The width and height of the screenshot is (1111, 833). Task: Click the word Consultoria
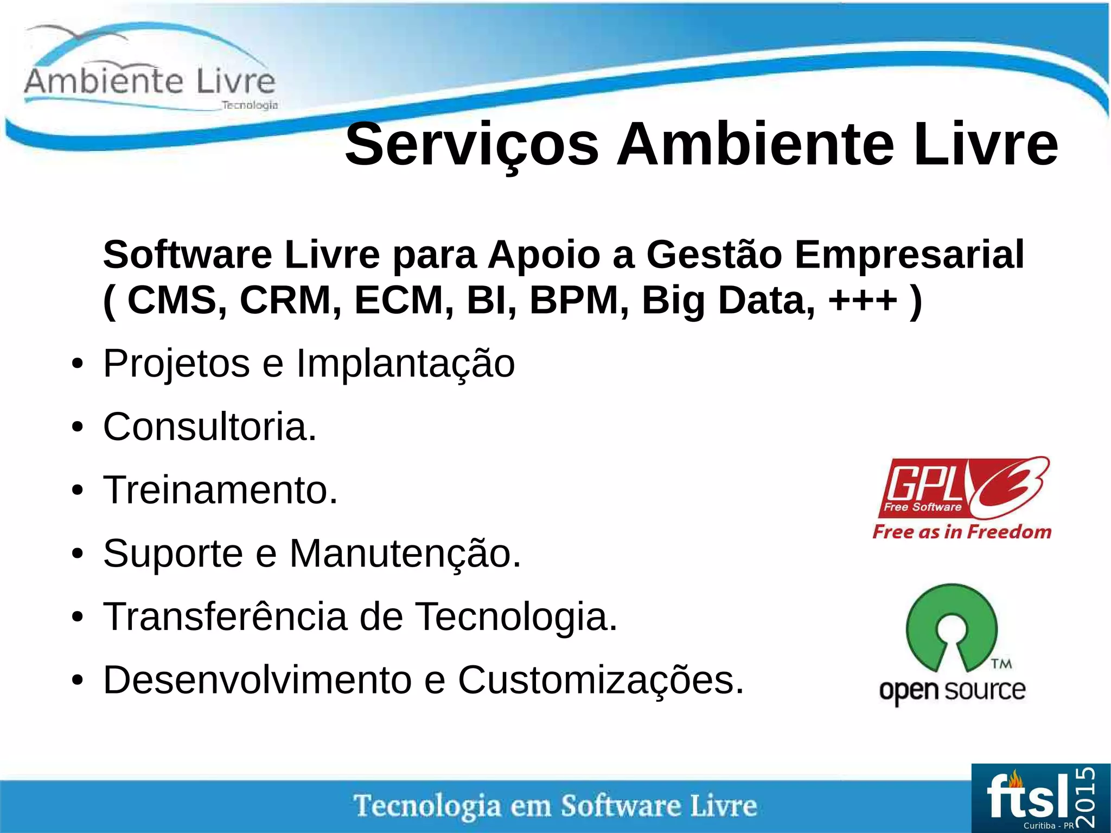209,427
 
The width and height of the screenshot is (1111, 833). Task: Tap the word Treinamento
220,490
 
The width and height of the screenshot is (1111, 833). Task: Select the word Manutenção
405,554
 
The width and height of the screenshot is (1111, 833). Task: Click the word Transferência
225,617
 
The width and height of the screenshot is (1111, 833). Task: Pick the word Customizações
601,681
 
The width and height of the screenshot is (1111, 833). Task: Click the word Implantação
405,364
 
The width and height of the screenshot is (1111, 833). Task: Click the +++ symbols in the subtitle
863,300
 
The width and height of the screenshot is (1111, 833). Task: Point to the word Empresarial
909,255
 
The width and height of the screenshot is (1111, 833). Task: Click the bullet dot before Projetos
78,364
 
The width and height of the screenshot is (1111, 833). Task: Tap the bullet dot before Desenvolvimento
78,681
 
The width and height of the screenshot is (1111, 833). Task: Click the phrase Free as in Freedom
962,532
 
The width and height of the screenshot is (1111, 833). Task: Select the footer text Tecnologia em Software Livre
555,806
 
